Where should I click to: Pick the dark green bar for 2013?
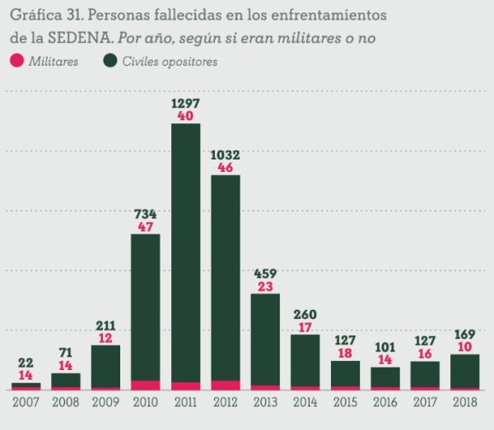265,338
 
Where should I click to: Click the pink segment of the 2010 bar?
146,385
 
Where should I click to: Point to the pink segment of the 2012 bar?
226,385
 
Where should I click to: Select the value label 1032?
226,154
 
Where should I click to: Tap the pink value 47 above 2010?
146,226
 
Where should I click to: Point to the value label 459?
265,273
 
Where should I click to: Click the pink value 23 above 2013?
265,286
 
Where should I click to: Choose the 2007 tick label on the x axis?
26,403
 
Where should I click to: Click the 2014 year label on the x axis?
305,403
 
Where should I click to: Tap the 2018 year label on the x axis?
465,403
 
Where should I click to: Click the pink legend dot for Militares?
16,61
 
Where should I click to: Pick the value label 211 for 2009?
106,325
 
